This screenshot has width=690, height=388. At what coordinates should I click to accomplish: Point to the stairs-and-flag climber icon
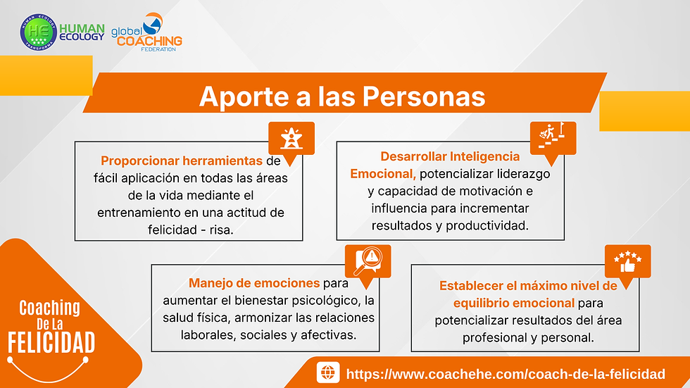[x=552, y=135]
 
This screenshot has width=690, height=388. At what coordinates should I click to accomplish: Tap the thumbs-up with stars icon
[x=627, y=262]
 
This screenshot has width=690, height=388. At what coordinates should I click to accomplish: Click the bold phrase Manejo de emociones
[x=253, y=284]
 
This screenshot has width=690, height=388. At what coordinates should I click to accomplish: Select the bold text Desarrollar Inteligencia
[x=450, y=156]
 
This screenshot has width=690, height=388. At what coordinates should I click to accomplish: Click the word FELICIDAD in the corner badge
[x=51, y=342]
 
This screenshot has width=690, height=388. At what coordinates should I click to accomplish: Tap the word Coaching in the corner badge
[x=49, y=308]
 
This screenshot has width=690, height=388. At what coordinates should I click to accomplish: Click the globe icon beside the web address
[x=327, y=373]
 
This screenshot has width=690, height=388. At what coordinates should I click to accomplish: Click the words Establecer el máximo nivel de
[x=528, y=286]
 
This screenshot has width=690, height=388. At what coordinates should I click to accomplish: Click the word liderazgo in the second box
[x=525, y=173]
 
